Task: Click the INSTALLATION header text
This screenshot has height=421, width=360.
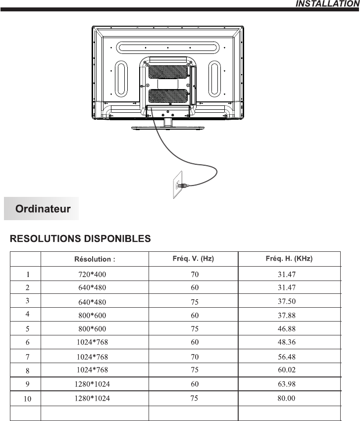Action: [x=327, y=4]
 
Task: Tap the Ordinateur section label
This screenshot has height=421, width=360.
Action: [x=43, y=209]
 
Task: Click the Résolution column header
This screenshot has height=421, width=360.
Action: [x=95, y=259]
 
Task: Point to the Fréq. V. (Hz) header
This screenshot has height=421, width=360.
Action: [x=193, y=258]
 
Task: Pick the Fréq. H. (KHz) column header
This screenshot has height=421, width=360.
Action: [x=289, y=258]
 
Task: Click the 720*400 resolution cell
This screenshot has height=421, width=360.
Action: [x=92, y=274]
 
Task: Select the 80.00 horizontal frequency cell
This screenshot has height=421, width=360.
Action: [x=287, y=398]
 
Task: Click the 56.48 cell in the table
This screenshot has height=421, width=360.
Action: [x=287, y=356]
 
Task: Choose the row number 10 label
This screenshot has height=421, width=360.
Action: [x=28, y=399]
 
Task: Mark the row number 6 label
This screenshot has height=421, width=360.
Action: [x=28, y=342]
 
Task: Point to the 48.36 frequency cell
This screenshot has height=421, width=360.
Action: [x=287, y=342]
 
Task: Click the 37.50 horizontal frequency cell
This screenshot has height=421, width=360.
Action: [x=287, y=301]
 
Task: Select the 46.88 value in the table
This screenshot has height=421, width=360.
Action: [x=287, y=328]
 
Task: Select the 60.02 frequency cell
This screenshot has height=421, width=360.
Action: [x=287, y=369]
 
